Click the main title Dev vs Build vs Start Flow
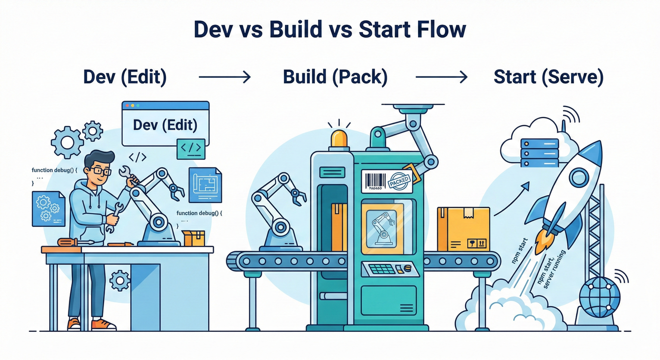(x=330, y=30)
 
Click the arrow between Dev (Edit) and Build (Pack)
(x=225, y=77)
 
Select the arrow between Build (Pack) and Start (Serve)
(x=442, y=77)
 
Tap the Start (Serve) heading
(x=548, y=77)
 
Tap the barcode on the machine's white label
(x=375, y=180)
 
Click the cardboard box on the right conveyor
(x=463, y=229)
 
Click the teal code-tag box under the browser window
(x=191, y=149)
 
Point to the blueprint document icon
(x=205, y=185)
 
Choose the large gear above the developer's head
(x=67, y=142)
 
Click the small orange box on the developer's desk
(x=194, y=238)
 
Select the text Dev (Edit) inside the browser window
(x=165, y=125)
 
